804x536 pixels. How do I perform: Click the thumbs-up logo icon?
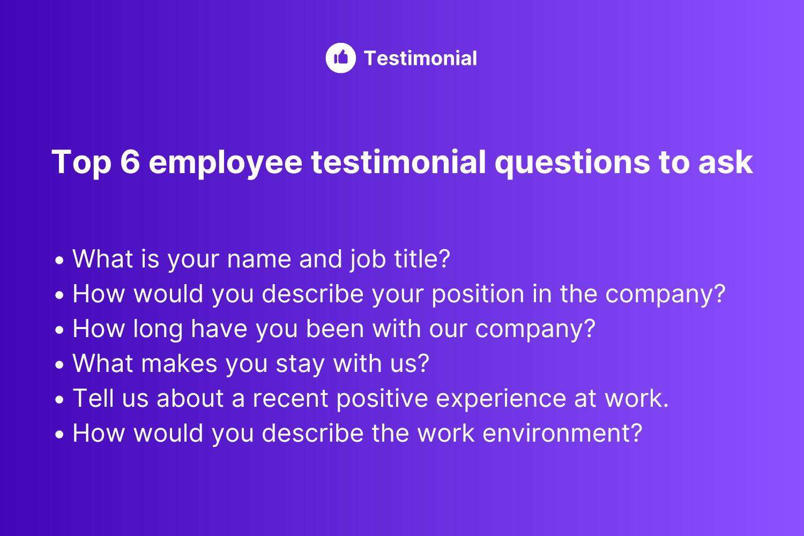[x=340, y=58]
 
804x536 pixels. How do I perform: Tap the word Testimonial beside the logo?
[x=420, y=58]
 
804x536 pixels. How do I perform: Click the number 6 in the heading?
[x=130, y=162]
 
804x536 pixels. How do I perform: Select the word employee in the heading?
[x=226, y=163]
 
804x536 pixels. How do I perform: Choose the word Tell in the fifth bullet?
[x=93, y=398]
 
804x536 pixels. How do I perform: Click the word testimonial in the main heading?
[x=398, y=162]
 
